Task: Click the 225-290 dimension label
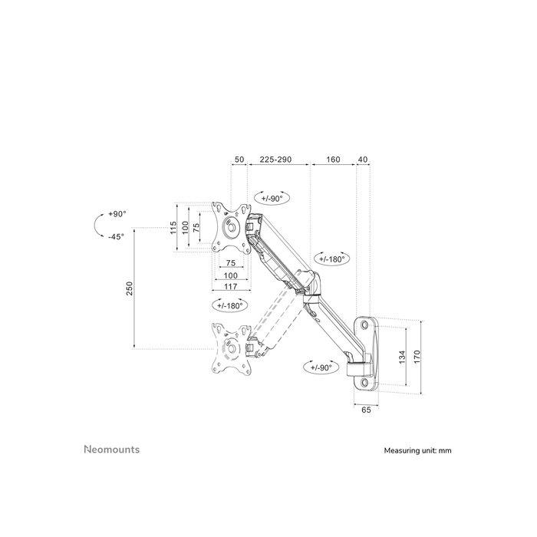click(275, 160)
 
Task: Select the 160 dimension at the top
click(333, 160)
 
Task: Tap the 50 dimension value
click(239, 160)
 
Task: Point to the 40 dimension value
click(363, 160)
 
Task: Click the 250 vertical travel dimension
click(130, 288)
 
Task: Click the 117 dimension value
click(231, 286)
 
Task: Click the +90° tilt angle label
click(117, 214)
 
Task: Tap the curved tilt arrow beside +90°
click(96, 226)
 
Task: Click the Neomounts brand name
click(111, 450)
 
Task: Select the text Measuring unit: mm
click(417, 451)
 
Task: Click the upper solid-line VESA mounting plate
click(232, 226)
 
